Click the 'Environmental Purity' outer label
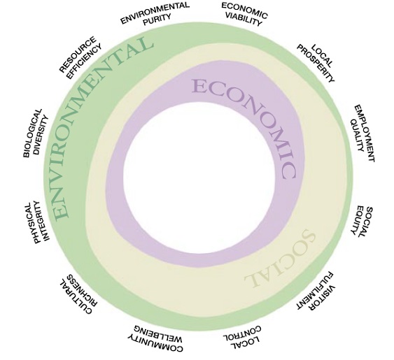[x=155, y=14]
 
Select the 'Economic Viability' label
[x=244, y=14]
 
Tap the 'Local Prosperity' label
[x=316, y=64]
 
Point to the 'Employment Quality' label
[x=363, y=133]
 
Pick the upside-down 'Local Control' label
[x=243, y=338]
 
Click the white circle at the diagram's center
[x=199, y=178]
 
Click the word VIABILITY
[x=244, y=20]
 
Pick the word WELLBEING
[x=158, y=332]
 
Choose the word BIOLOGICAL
[x=32, y=134]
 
